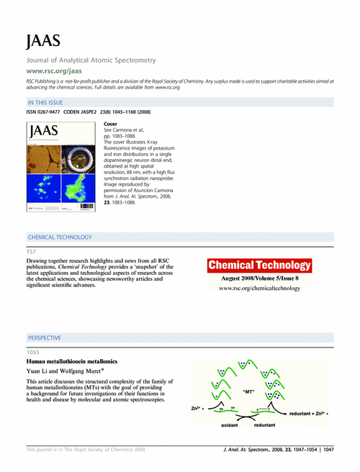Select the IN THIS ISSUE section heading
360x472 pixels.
click(x=47, y=104)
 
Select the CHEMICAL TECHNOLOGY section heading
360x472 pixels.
click(x=59, y=237)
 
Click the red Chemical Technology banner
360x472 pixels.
click(x=260, y=265)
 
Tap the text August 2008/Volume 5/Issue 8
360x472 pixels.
click(x=260, y=278)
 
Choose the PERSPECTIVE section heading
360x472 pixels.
click(x=44, y=337)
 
